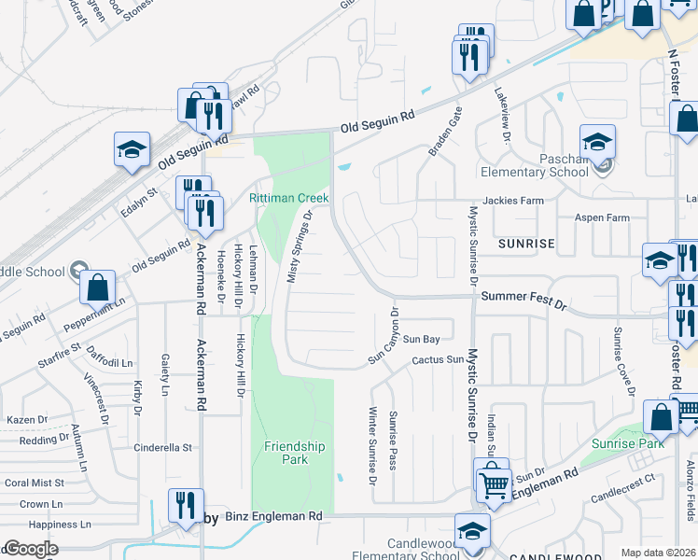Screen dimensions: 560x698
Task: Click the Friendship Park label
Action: (x=294, y=453)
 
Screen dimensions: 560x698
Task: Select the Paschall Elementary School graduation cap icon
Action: (x=597, y=143)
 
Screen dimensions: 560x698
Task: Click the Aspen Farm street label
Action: (x=603, y=217)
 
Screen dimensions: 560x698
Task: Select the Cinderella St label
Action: (x=161, y=447)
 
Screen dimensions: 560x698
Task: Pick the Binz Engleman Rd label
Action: (x=273, y=515)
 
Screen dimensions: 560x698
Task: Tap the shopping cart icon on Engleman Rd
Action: (x=494, y=483)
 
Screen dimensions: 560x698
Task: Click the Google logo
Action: (x=31, y=549)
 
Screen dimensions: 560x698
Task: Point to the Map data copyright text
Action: (x=658, y=553)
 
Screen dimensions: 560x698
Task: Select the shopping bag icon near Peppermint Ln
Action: (x=97, y=288)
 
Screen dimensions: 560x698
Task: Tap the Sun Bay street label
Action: (x=421, y=339)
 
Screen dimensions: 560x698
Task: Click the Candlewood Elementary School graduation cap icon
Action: (x=473, y=533)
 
